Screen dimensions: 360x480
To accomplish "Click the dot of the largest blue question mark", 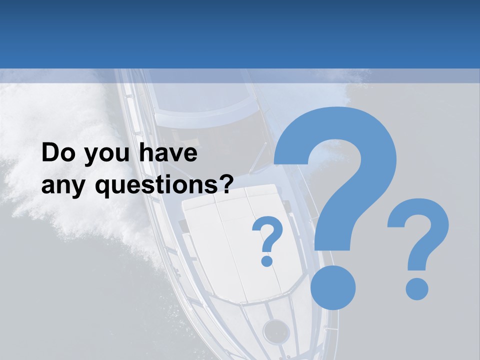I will pyautogui.click(x=333, y=288).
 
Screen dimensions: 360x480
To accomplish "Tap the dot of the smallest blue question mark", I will pyautogui.click(x=267, y=260).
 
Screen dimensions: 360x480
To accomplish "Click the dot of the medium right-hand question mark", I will pyautogui.click(x=416, y=289).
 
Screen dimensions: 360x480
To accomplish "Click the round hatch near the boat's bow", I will pyautogui.click(x=276, y=331).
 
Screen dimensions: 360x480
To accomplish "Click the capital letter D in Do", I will pyautogui.click(x=50, y=153).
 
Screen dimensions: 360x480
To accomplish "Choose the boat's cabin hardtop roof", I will pyautogui.click(x=200, y=100).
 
